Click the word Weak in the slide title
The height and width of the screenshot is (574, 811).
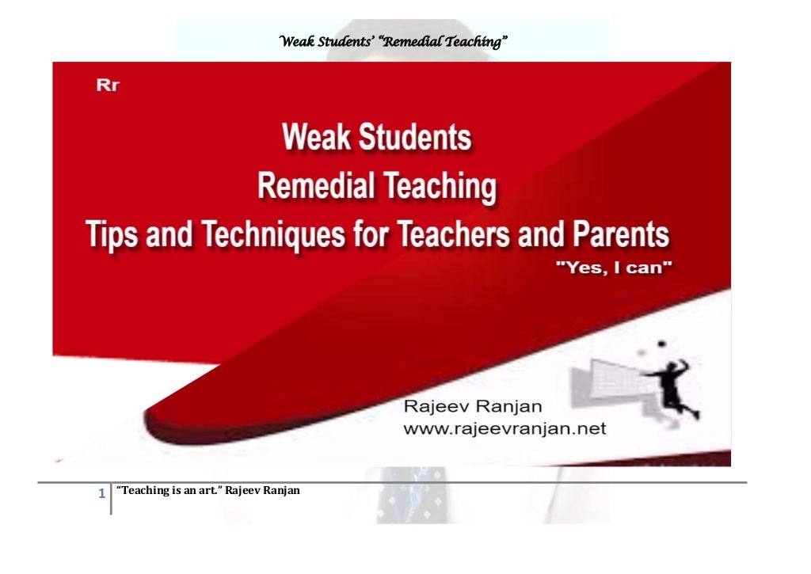(x=318, y=139)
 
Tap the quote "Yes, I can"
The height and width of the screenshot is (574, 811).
(x=615, y=269)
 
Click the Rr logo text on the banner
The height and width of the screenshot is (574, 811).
(x=108, y=86)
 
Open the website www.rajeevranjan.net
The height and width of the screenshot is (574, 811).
(x=504, y=429)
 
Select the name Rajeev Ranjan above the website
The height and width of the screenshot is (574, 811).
(x=473, y=407)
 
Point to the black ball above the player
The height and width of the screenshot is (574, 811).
(x=660, y=345)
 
